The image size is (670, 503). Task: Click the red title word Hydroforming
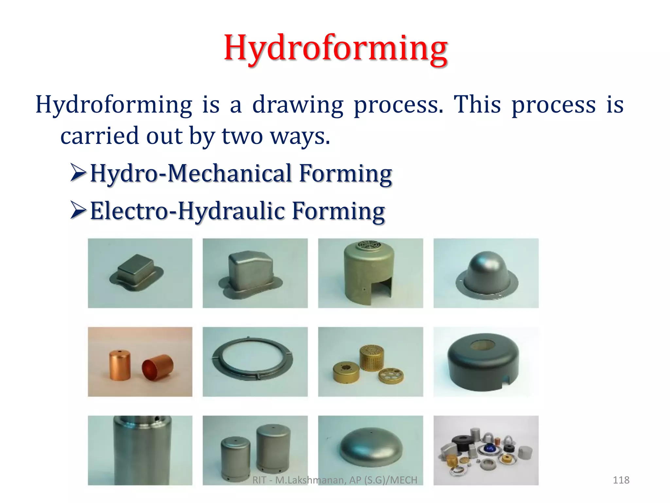(335, 48)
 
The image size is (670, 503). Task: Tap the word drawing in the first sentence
(298, 105)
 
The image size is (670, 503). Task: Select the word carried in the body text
(99, 136)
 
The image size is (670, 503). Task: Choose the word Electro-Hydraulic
(187, 211)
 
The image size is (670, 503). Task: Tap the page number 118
(621, 480)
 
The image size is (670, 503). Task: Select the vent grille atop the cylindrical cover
(370, 245)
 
